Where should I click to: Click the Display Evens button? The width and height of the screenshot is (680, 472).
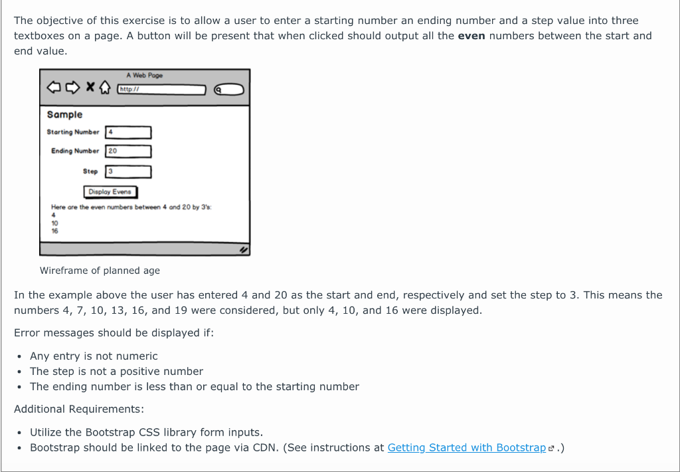click(110, 192)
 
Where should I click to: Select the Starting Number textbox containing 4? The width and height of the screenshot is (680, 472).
click(128, 132)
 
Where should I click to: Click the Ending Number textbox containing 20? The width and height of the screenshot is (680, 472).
click(128, 152)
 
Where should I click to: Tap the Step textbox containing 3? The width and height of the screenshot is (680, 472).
click(128, 172)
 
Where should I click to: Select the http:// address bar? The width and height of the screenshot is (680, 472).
click(161, 89)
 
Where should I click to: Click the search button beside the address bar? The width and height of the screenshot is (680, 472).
click(228, 89)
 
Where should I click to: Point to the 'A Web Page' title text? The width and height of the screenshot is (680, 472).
click(144, 76)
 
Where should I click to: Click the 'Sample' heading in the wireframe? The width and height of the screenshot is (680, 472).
click(64, 115)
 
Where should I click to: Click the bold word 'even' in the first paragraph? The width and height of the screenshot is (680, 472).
click(471, 36)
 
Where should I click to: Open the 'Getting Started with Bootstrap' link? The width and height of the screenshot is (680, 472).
click(466, 448)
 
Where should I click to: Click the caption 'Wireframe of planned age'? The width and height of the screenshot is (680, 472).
click(100, 271)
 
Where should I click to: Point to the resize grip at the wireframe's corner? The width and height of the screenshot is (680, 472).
click(244, 250)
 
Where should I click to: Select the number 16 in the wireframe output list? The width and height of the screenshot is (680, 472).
click(54, 231)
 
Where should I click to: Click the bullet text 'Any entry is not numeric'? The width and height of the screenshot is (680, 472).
click(94, 356)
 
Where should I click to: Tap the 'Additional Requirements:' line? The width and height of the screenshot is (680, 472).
click(79, 410)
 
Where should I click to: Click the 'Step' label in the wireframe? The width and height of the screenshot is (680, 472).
click(90, 172)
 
